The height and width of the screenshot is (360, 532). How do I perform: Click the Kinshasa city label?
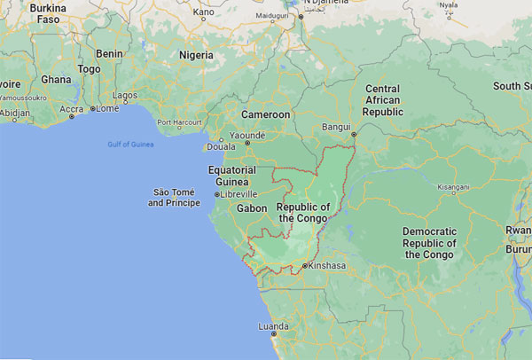point(327,266)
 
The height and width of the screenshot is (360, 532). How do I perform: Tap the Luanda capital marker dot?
point(273,334)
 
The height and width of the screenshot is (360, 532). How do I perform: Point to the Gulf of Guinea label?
point(131,144)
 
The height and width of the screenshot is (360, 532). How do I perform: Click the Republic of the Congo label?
point(303,213)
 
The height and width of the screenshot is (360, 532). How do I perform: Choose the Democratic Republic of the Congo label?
point(429,243)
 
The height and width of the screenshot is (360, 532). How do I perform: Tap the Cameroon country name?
point(267,114)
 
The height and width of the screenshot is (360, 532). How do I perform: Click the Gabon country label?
point(252,208)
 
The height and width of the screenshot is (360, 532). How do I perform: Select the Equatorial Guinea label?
point(231,176)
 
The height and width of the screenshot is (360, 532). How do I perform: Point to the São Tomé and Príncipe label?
point(174,198)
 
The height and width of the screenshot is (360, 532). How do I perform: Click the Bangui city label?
point(338,126)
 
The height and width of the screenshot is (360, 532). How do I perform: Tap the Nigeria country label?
point(196,54)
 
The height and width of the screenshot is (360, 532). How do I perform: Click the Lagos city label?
point(126,94)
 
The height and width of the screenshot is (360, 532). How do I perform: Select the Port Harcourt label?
point(175,122)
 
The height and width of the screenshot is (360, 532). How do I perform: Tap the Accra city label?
point(72,109)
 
